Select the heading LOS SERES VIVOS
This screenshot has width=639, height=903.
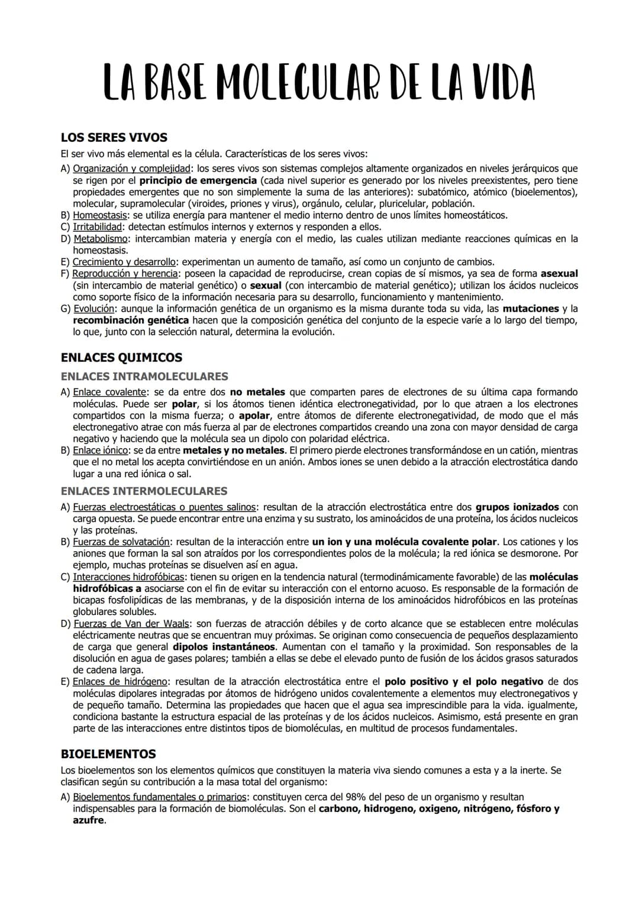[x=114, y=137]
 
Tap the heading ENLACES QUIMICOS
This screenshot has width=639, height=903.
[x=121, y=357]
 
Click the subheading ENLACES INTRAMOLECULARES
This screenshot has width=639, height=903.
[x=144, y=376]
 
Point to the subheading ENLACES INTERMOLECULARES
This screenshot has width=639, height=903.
[x=144, y=491]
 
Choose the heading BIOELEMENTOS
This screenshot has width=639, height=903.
[x=108, y=754]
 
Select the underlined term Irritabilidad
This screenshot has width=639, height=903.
[x=98, y=227]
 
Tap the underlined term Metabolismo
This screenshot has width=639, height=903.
[x=101, y=239]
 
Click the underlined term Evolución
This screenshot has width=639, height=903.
[x=93, y=309]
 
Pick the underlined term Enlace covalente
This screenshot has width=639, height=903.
[x=109, y=392]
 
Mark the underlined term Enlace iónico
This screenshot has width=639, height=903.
[x=100, y=451]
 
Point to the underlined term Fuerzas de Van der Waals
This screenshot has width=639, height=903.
[x=131, y=624]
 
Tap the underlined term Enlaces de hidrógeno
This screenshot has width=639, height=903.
[x=121, y=682]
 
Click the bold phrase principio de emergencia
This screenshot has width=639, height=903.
[x=198, y=180]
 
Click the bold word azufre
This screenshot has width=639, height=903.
[x=88, y=821]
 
